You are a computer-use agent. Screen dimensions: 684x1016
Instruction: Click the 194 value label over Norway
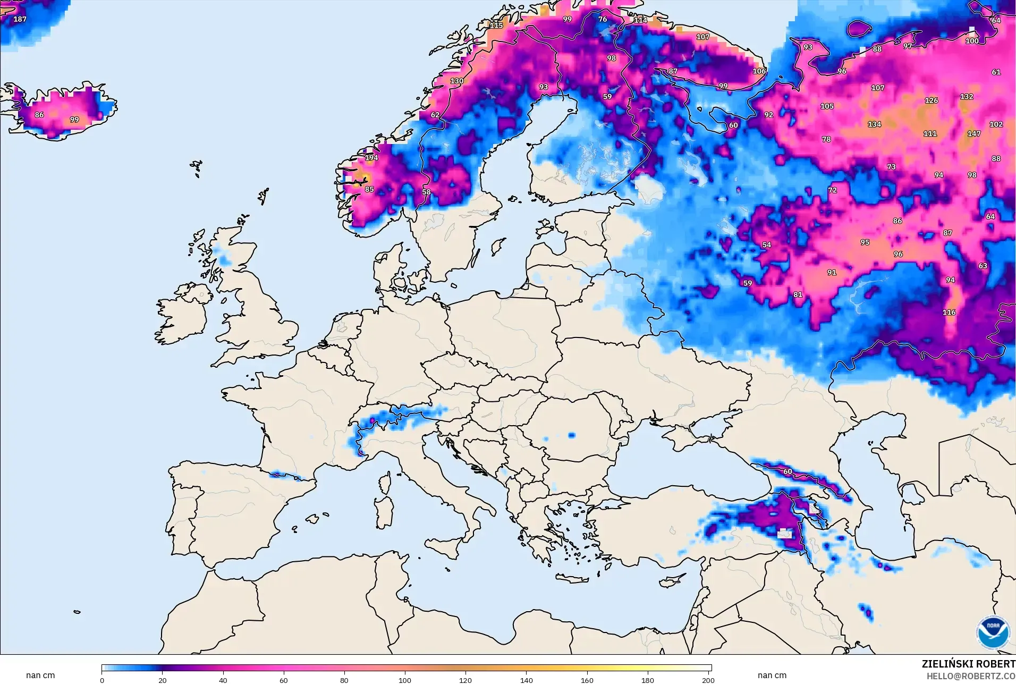pos(371,157)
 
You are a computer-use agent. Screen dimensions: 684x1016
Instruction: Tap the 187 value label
pos(20,19)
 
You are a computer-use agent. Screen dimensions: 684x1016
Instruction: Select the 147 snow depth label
pos(973,133)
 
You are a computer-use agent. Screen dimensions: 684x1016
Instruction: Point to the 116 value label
pos(949,312)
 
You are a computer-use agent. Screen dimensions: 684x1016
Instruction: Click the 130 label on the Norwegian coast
pos(456,81)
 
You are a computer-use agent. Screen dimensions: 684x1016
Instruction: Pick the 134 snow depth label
pos(874,124)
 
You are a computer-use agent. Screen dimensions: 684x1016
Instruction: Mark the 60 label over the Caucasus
pos(788,471)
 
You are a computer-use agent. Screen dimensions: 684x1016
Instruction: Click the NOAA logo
pos(993,632)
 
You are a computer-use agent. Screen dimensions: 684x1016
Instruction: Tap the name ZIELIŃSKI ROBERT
pos(968,664)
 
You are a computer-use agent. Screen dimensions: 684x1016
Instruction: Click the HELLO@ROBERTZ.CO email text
pos(971,676)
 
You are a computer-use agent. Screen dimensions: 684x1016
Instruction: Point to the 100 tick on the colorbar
pos(405,680)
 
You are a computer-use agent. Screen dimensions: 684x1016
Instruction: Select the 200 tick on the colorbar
pos(708,680)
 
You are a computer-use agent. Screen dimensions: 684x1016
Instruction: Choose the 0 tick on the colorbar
pos(102,680)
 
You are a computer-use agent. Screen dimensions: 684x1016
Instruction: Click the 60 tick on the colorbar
pos(284,680)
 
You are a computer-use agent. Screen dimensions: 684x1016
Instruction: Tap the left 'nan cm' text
pos(40,675)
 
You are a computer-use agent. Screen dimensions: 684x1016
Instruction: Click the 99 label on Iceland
pos(74,119)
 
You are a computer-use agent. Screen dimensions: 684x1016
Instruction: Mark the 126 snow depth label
pos(931,100)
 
